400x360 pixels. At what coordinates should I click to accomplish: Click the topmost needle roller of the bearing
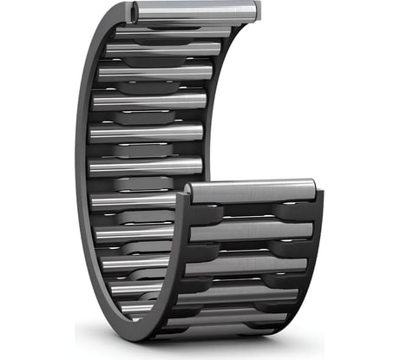(196, 11)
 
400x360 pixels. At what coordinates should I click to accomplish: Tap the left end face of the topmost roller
(134, 11)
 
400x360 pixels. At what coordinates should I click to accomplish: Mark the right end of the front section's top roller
(313, 189)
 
